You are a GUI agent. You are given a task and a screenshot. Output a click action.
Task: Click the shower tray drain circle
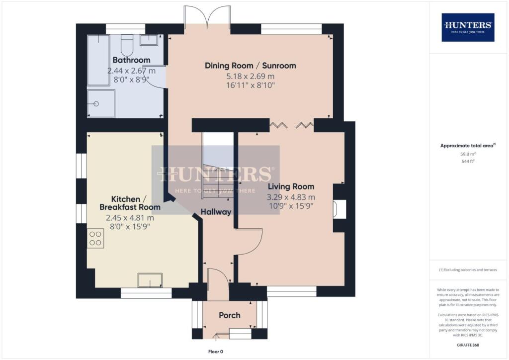96,103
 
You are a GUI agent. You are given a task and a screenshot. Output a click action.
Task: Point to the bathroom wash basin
149,40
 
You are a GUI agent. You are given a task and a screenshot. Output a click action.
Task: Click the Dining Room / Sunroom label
251,66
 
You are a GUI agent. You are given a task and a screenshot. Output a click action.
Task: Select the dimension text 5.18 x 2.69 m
251,76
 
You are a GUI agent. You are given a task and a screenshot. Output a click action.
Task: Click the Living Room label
291,186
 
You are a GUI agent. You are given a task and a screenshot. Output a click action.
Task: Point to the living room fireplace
340,209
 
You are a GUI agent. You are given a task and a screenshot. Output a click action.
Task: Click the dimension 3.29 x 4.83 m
291,197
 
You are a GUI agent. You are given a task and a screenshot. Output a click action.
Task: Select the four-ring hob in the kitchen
95,238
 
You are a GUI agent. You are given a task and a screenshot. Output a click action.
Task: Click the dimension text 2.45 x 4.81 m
130,218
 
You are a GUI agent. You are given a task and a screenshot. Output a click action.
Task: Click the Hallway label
216,212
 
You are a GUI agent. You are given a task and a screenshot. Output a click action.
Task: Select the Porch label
230,315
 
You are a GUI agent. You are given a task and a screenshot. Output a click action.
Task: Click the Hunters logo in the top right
468,27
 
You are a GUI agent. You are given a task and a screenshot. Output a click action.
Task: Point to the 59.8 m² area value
468,154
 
